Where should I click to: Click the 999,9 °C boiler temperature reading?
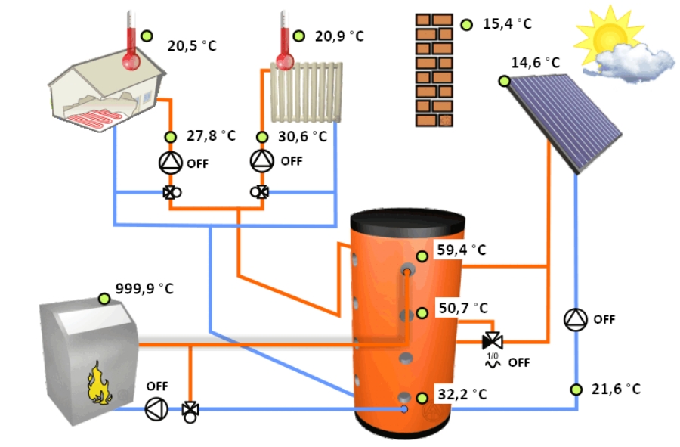144,289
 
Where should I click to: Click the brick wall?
434,70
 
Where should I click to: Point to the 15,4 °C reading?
507,24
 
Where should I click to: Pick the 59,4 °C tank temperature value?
462,250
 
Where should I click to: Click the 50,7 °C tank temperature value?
463,308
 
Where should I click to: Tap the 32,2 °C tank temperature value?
462,395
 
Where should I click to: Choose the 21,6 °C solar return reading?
615,390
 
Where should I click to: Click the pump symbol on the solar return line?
576,319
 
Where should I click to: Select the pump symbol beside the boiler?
156,409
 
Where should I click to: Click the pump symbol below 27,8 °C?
171,162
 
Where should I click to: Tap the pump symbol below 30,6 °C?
262,160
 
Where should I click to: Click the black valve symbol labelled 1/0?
493,340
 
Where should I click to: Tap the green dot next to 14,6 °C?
504,80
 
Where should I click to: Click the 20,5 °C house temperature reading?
191,46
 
